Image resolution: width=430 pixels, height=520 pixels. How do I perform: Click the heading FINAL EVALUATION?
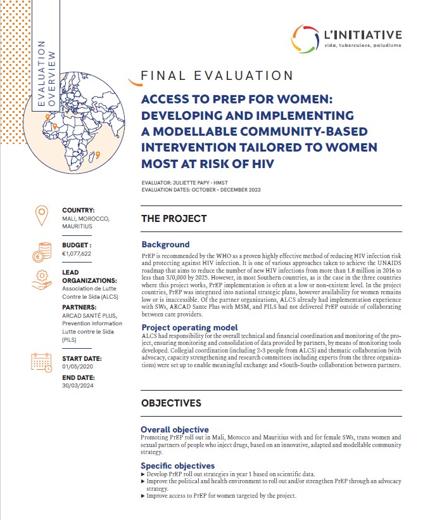click(x=217, y=76)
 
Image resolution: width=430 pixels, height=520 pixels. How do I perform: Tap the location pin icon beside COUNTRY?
click(x=41, y=217)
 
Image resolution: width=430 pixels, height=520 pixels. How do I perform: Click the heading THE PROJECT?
click(x=174, y=219)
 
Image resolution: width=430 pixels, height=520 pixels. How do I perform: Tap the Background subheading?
click(x=165, y=244)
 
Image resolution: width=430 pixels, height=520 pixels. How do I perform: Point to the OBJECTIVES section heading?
click(x=171, y=403)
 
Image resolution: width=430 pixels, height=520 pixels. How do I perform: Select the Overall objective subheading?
click(x=175, y=429)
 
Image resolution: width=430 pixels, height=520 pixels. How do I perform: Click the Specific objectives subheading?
click(x=178, y=465)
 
